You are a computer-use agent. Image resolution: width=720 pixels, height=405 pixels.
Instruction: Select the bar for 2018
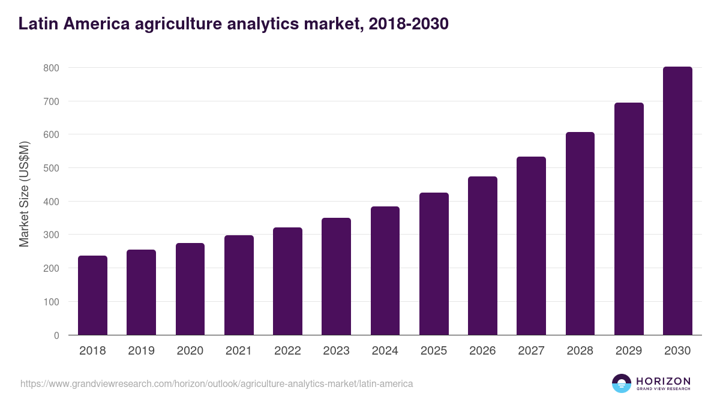click(x=92, y=295)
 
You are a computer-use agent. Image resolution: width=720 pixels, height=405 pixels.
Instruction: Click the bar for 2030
click(x=677, y=201)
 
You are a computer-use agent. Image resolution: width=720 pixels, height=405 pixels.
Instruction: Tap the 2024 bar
click(x=385, y=271)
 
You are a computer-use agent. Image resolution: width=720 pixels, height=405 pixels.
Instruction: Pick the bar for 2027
click(x=531, y=246)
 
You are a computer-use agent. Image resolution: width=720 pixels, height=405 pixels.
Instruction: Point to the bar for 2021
click(x=239, y=285)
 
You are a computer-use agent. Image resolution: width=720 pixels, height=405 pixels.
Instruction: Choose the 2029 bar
click(x=629, y=219)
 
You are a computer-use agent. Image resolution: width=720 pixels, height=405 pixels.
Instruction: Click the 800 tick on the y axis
click(x=51, y=68)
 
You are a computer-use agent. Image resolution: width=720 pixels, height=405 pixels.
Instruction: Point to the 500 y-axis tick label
click(x=51, y=168)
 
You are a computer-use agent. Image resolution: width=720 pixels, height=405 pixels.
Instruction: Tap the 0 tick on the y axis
click(x=56, y=335)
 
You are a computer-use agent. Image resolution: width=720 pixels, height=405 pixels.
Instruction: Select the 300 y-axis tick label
click(x=51, y=235)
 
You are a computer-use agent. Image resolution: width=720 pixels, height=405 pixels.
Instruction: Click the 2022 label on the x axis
click(x=287, y=351)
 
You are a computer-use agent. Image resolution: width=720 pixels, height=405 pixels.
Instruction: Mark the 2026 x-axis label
click(x=482, y=351)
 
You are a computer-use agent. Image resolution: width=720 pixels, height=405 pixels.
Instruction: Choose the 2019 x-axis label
click(x=141, y=351)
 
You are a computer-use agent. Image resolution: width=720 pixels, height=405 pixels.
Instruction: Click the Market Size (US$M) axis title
click(x=24, y=194)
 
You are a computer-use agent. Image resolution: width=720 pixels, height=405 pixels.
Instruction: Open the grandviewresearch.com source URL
click(x=217, y=383)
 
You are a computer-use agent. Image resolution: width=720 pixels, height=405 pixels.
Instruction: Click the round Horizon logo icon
click(x=621, y=383)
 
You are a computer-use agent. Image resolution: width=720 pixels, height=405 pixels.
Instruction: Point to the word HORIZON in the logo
click(x=663, y=381)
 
